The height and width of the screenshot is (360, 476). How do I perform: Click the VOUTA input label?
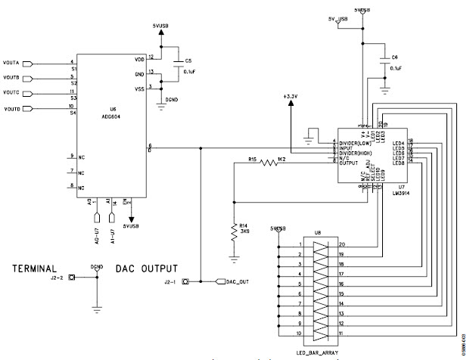pyautogui.click(x=14, y=63)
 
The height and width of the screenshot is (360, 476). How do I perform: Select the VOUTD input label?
pyautogui.click(x=14, y=110)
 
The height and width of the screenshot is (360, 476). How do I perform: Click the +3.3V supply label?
pyautogui.click(x=291, y=97)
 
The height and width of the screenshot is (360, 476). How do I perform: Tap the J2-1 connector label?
pyautogui.click(x=172, y=282)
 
